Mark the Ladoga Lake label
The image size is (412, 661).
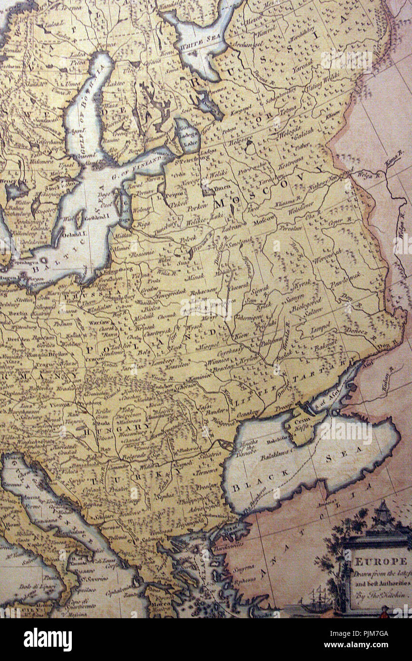click(190, 138)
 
